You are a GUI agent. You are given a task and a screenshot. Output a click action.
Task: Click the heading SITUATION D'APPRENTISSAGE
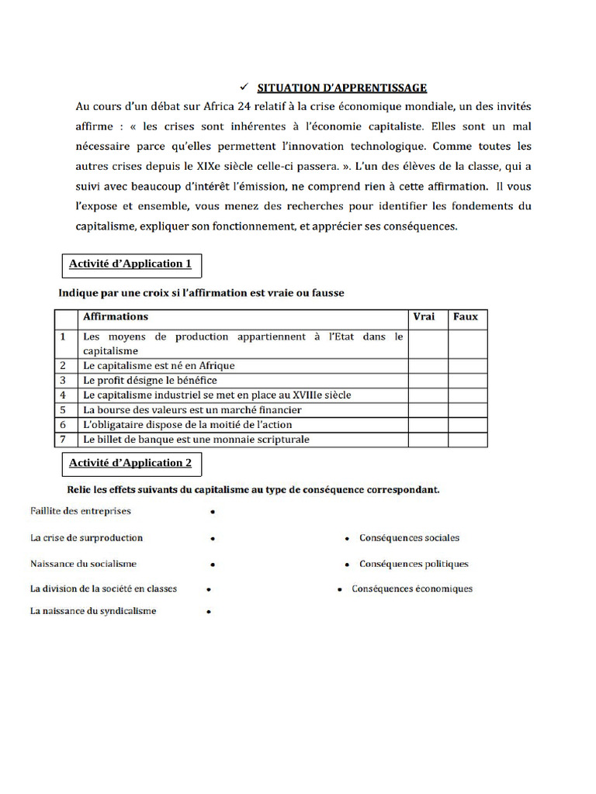pos(342,88)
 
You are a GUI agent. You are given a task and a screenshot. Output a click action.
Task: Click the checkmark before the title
pos(242,87)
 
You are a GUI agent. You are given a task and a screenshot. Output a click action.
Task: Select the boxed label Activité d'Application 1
pos(130,264)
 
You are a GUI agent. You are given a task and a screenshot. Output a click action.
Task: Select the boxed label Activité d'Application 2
pos(130,463)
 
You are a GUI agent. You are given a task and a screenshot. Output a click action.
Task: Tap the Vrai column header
pos(424,317)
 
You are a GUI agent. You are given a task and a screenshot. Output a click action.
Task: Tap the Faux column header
pos(466,317)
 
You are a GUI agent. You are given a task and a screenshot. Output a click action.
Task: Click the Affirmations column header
pos(116,317)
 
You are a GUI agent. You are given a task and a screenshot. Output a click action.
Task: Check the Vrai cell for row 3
pos(428,381)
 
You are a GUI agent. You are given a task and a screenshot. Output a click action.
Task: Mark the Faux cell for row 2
pos(467,365)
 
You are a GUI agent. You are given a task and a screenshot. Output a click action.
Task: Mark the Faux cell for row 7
pos(467,440)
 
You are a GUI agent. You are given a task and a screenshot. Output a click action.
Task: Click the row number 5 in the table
pos(63,410)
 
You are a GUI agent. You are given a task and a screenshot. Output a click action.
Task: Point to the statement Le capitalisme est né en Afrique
pos(158,365)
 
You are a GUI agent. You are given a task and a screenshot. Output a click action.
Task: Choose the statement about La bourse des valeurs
pos(192,410)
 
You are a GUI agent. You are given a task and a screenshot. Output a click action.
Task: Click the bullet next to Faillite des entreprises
pos(212,513)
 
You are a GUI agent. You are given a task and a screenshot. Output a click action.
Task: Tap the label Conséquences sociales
pos(409,538)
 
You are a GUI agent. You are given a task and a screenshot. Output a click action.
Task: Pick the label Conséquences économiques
pos(412,589)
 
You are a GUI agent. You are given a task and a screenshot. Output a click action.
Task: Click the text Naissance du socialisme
pos(83,564)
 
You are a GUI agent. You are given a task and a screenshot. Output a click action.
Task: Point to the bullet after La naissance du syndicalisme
pos(209,613)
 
